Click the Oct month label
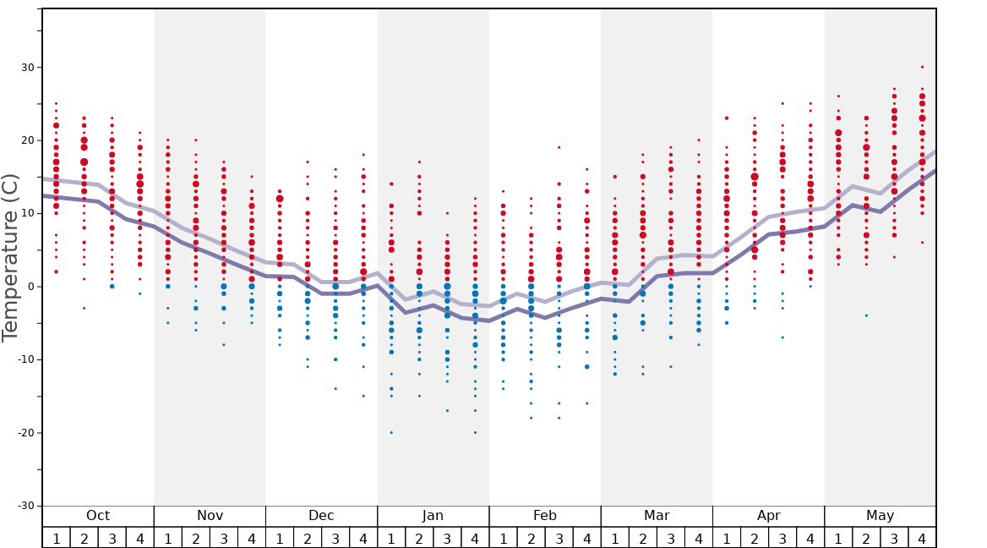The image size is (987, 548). [98, 516]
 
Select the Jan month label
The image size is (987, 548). [433, 516]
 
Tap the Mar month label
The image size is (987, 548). [657, 516]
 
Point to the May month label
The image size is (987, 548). [880, 516]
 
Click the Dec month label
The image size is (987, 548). [321, 516]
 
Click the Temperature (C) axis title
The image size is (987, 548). [10, 258]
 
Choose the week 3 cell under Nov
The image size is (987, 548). [224, 538]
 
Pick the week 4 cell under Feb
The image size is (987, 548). [586, 538]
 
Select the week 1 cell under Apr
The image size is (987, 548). [726, 538]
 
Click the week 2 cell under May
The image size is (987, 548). [866, 538]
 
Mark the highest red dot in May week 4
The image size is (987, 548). [922, 67]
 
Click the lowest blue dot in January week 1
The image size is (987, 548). [391, 432]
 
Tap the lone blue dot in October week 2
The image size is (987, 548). [84, 308]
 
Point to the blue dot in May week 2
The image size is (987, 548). [866, 315]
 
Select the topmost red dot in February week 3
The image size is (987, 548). [559, 147]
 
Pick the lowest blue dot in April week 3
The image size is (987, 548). [783, 337]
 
